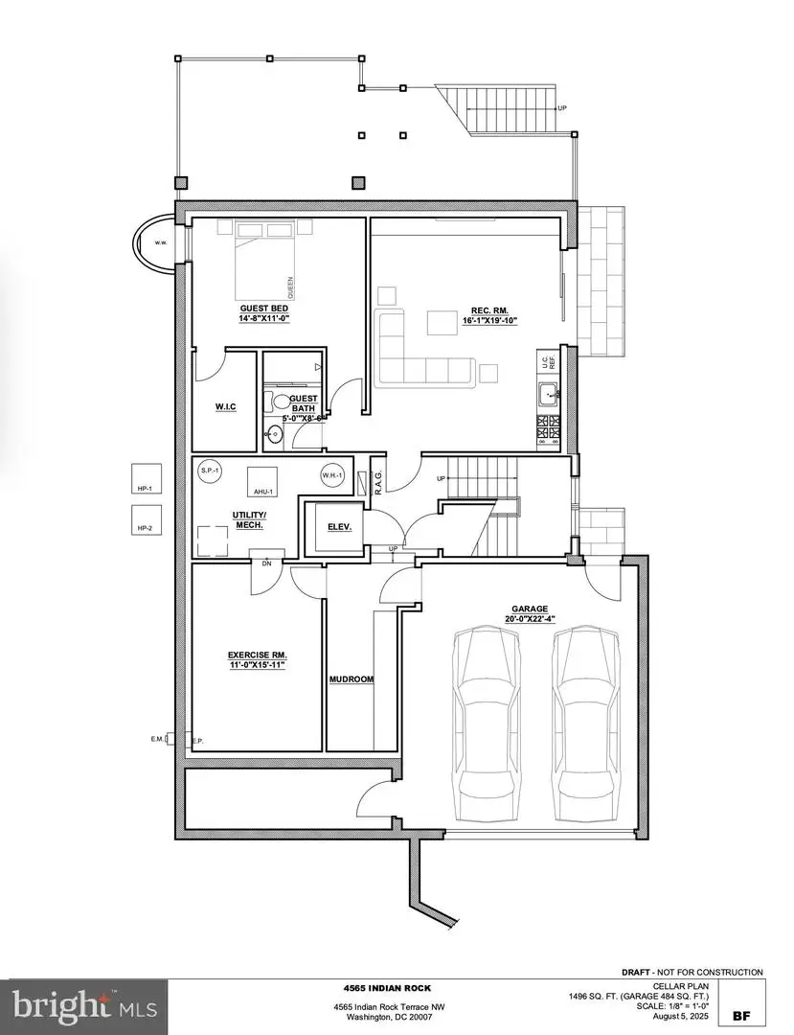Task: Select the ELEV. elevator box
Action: [x=340, y=527]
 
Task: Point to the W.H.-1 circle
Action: [x=332, y=475]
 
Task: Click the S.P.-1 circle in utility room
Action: [x=209, y=471]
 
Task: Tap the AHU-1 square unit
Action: [x=262, y=481]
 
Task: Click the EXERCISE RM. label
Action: [x=257, y=659]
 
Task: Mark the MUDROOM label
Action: [x=351, y=678]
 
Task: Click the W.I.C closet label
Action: [x=225, y=408]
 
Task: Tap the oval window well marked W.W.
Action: [x=153, y=243]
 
